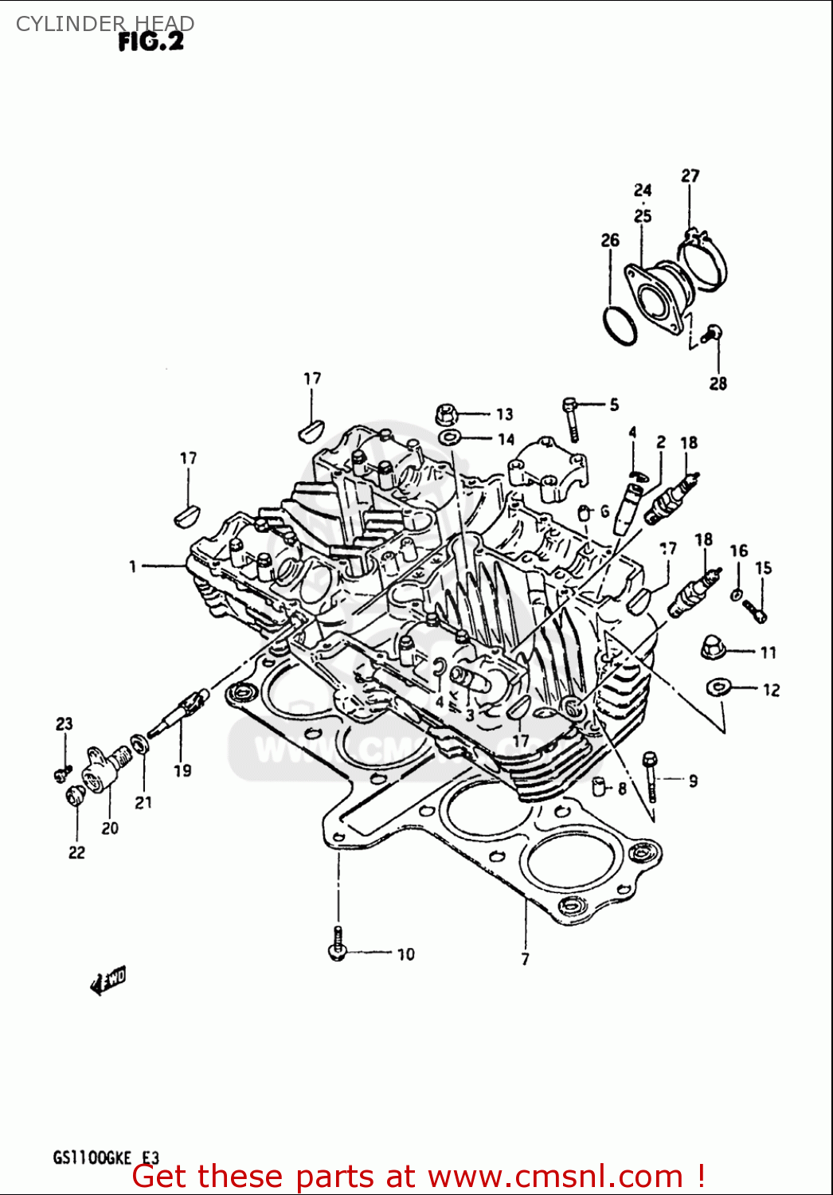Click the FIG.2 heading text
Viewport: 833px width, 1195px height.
[x=151, y=41]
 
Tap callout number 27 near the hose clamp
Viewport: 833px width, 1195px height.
[x=690, y=175]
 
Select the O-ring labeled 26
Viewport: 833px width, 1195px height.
[x=620, y=325]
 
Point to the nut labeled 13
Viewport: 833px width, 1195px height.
[x=447, y=414]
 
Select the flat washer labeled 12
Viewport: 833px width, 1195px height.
[x=719, y=687]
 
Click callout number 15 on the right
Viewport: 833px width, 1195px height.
[x=763, y=568]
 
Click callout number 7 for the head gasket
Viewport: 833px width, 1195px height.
[x=525, y=959]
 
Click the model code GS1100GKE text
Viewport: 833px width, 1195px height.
[x=92, y=1158]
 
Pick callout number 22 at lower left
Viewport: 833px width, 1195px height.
[x=76, y=852]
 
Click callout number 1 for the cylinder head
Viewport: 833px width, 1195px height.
[x=133, y=566]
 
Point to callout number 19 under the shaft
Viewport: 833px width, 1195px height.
[x=182, y=770]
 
